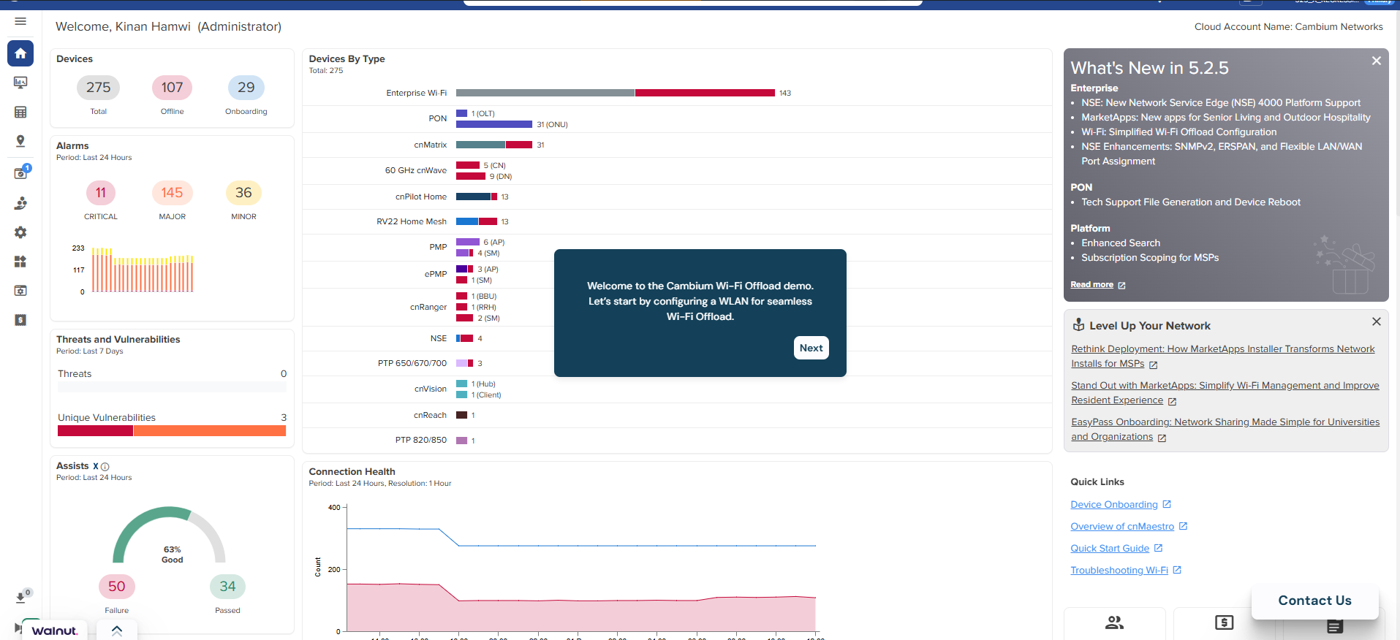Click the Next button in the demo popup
(811, 348)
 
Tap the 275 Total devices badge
(98, 88)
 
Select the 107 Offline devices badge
(172, 88)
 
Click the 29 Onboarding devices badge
(246, 88)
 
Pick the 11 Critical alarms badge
(101, 193)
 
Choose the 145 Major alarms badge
(172, 193)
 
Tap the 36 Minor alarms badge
(243, 193)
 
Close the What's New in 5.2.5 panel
(1376, 61)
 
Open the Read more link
(1092, 285)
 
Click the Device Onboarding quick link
(1114, 505)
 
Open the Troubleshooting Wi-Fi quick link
(1119, 571)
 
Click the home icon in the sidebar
(20, 53)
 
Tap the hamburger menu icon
(20, 21)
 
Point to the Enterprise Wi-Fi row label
(416, 93)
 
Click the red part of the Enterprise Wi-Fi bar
(704, 93)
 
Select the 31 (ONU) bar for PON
(494, 124)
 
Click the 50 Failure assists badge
(116, 587)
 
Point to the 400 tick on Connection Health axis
(334, 508)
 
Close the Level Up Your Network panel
(1376, 321)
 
